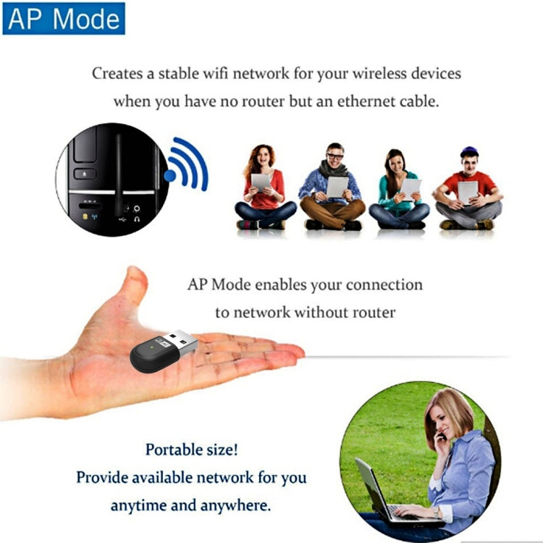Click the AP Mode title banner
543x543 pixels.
(64, 18)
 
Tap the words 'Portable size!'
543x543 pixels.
(191, 450)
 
